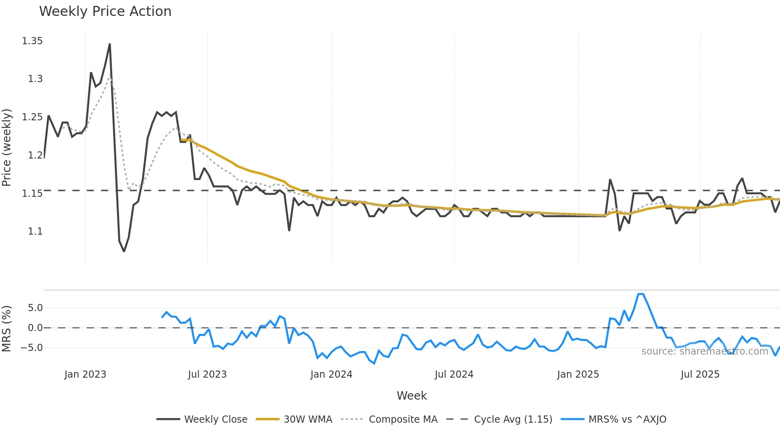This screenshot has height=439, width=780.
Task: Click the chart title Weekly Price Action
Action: (x=105, y=12)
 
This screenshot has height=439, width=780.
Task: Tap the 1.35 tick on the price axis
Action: (x=32, y=41)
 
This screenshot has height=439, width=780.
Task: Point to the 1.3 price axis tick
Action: (x=35, y=79)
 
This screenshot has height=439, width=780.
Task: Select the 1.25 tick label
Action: (x=32, y=117)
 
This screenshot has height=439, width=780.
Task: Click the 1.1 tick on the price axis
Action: (x=35, y=231)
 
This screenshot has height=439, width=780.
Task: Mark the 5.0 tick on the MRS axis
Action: (x=35, y=308)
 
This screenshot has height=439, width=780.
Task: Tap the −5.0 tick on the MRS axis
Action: (x=32, y=348)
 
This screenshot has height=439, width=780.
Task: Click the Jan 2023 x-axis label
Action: (x=85, y=374)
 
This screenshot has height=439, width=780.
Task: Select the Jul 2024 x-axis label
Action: (x=454, y=374)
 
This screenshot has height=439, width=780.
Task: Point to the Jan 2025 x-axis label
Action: (x=578, y=374)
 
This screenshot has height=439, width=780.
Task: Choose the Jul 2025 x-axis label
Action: (x=700, y=374)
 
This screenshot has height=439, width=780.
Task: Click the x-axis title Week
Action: (x=411, y=396)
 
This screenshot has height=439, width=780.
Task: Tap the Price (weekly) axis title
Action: (x=7, y=147)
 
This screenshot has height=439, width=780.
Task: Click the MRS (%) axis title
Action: (x=7, y=329)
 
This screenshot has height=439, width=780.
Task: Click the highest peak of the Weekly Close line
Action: (x=110, y=44)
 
